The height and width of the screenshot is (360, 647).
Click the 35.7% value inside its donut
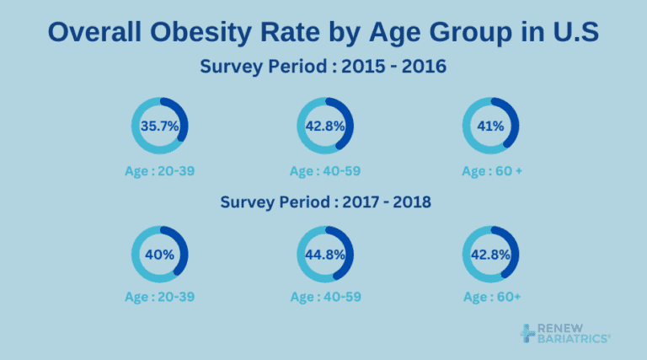click(159, 126)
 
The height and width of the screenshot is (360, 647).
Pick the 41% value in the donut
click(491, 126)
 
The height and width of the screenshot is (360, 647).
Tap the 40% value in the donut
click(159, 254)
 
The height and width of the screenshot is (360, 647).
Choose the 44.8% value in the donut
click(325, 254)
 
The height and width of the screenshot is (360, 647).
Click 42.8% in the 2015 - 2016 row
click(325, 126)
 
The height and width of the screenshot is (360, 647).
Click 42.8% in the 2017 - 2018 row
click(491, 254)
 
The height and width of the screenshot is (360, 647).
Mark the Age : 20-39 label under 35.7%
click(159, 171)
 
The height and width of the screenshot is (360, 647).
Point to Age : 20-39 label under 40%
click(159, 297)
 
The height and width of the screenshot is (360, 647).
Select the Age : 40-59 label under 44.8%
click(325, 297)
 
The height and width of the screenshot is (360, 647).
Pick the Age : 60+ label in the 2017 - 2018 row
click(491, 297)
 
